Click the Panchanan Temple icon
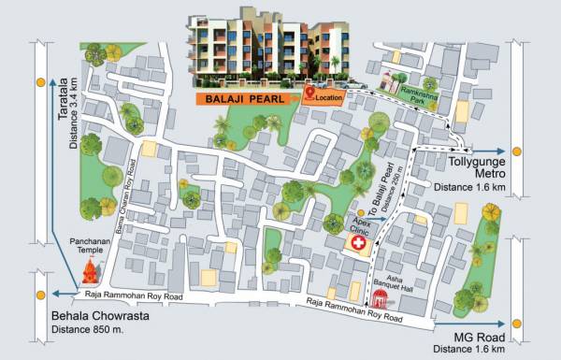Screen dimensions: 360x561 click(x=91, y=272)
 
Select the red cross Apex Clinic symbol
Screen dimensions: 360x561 click(x=357, y=243)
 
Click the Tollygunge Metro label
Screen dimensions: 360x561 click(x=479, y=167)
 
